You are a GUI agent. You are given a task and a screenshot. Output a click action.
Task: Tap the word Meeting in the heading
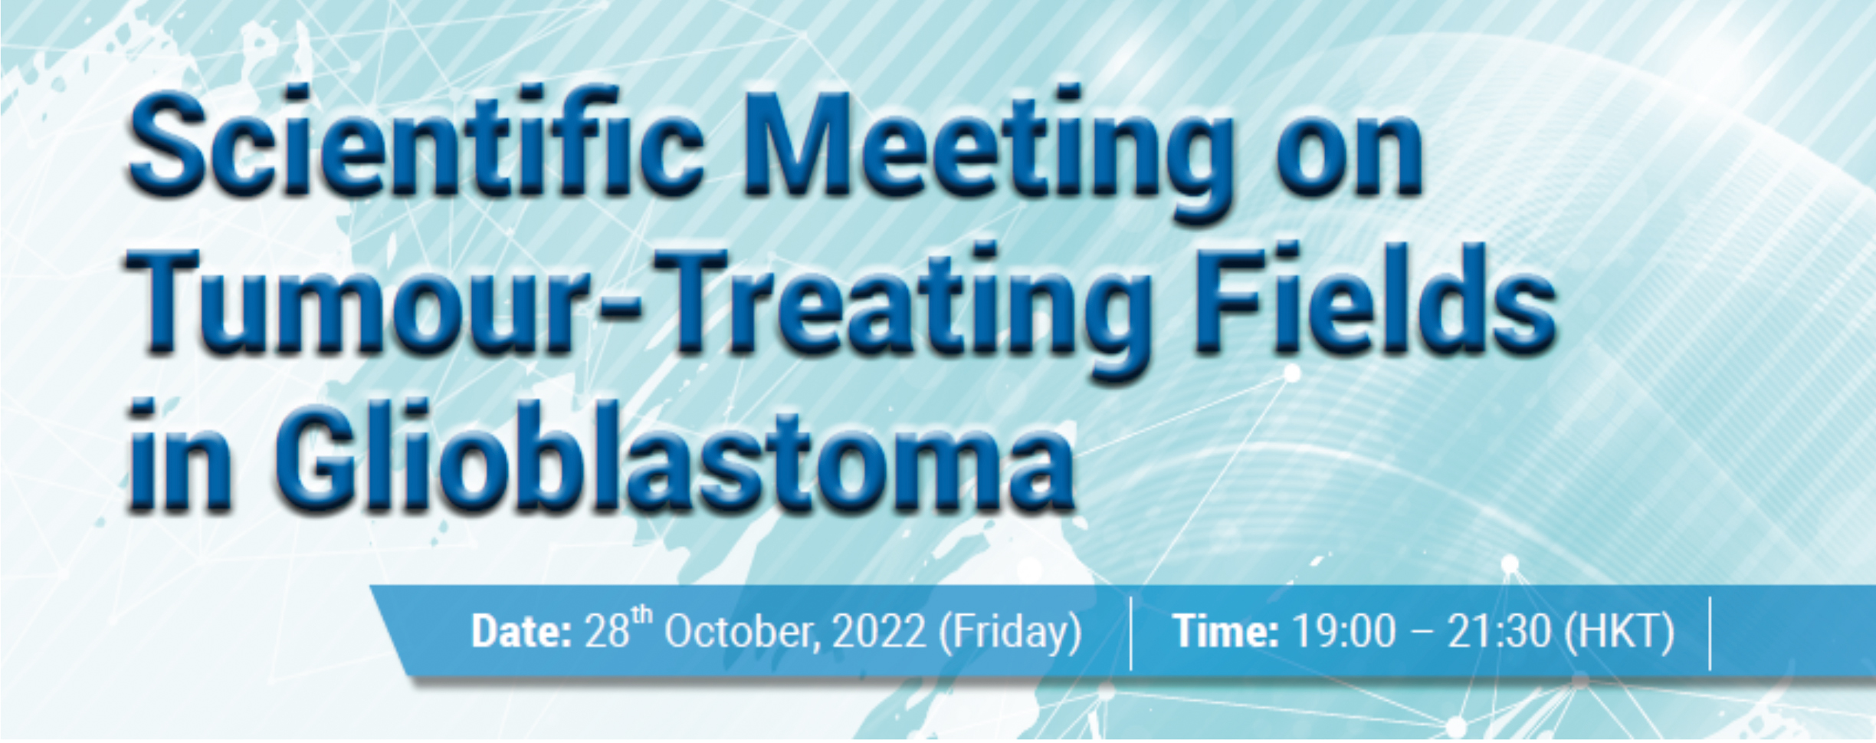point(996,153)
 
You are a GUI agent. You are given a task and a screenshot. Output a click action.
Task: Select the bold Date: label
point(521,632)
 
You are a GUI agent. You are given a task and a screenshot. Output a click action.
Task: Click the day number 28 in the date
point(607,632)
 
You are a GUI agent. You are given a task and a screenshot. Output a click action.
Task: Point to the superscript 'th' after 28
point(642,615)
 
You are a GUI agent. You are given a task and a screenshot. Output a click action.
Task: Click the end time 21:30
point(1499,632)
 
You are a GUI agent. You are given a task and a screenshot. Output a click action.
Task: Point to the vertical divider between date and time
point(1131,633)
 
